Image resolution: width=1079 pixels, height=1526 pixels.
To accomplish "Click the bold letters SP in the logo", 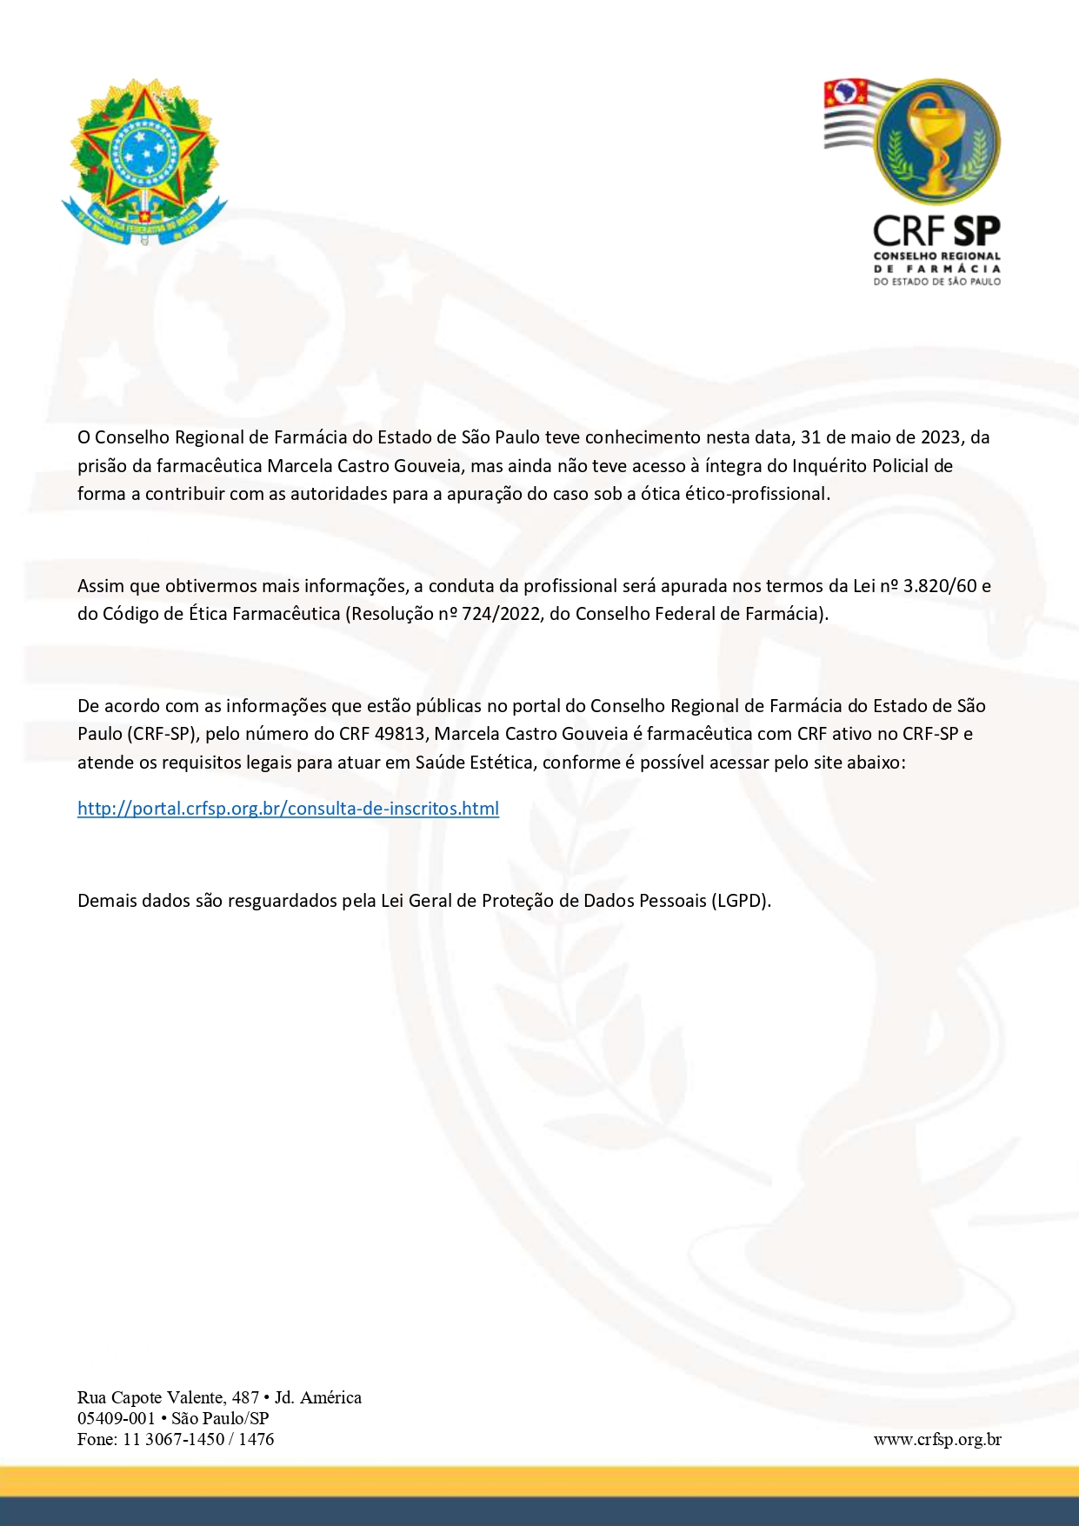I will point(976,231).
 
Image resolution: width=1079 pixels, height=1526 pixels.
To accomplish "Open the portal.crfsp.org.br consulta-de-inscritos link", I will point(288,809).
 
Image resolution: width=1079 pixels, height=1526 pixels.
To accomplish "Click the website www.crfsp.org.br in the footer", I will point(936,1439).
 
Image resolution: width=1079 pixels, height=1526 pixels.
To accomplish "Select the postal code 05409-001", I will point(116,1418).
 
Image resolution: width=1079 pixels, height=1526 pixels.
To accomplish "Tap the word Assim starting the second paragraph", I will point(101,586).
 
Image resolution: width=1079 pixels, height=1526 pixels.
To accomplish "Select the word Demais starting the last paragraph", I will point(107,901).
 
